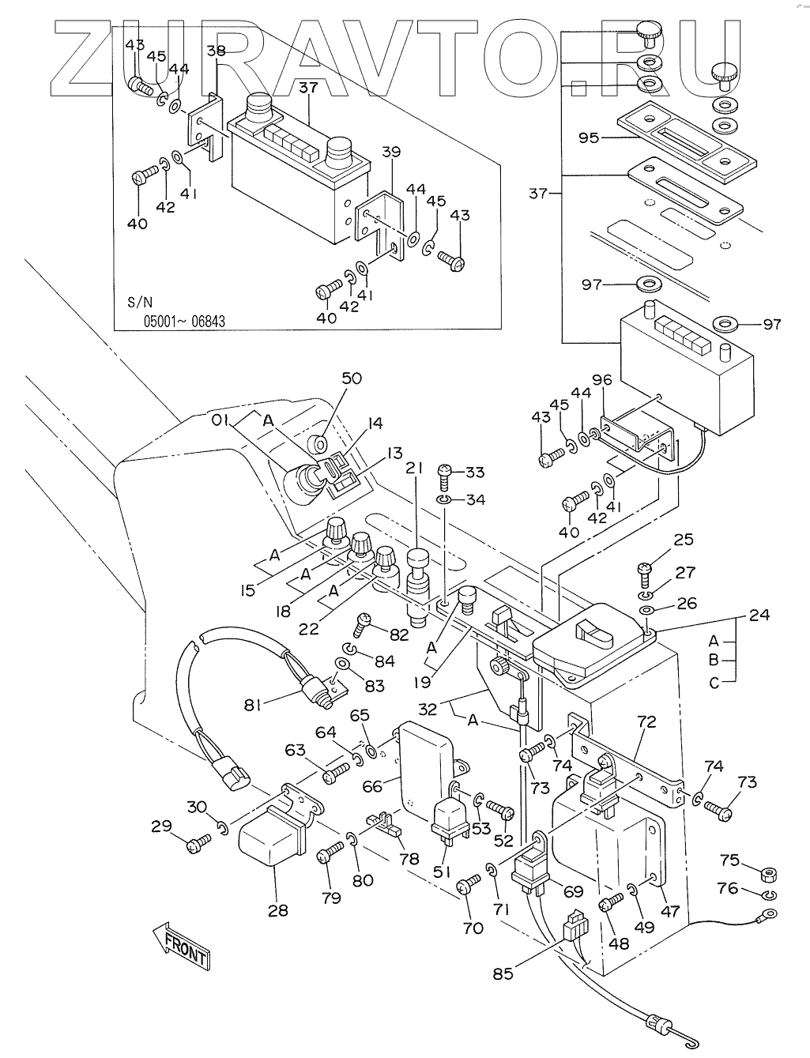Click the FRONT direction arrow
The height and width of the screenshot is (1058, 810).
(x=180, y=946)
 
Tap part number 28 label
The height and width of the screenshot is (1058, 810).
(x=277, y=910)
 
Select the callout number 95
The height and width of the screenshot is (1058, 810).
(x=589, y=137)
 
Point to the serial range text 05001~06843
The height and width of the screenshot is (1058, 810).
(x=184, y=322)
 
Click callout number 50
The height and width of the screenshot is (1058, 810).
(x=351, y=378)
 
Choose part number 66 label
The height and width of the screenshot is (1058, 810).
(x=372, y=785)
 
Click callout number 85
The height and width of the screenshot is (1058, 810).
(x=503, y=973)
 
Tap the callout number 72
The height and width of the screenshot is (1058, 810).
(x=647, y=721)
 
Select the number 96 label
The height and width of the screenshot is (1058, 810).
(x=603, y=379)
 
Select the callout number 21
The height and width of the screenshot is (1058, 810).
(x=411, y=469)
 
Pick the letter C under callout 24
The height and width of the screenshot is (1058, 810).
(x=714, y=683)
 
